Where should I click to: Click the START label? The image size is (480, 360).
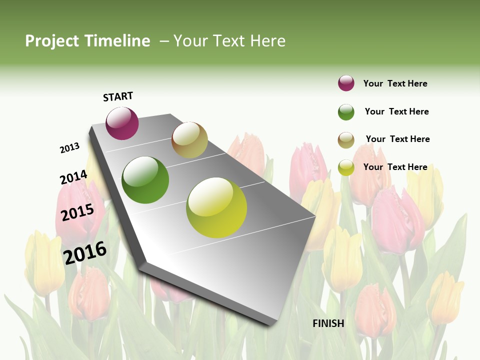click(x=118, y=96)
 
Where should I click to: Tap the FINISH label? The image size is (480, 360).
click(x=328, y=323)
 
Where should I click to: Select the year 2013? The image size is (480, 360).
click(x=70, y=147)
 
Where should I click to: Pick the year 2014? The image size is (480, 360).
click(x=73, y=177)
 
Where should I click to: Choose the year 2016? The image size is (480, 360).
click(x=85, y=252)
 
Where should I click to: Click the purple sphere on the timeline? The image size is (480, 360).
click(x=122, y=123)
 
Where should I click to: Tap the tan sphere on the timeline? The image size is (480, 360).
click(x=189, y=140)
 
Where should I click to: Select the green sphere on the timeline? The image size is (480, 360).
click(x=145, y=180)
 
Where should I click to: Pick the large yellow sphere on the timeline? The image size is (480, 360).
click(x=216, y=207)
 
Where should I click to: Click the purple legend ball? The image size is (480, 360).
click(x=346, y=83)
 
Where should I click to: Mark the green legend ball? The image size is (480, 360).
click(x=346, y=112)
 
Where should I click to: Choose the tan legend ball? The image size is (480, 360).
click(x=346, y=140)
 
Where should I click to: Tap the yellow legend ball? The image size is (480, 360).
click(x=346, y=167)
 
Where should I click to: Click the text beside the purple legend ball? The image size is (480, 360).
click(x=395, y=83)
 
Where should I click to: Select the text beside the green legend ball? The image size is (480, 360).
click(x=397, y=111)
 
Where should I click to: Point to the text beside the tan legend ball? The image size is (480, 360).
click(x=398, y=139)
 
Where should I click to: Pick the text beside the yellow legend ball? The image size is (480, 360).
click(x=395, y=167)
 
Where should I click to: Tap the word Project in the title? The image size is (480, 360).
click(x=52, y=41)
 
